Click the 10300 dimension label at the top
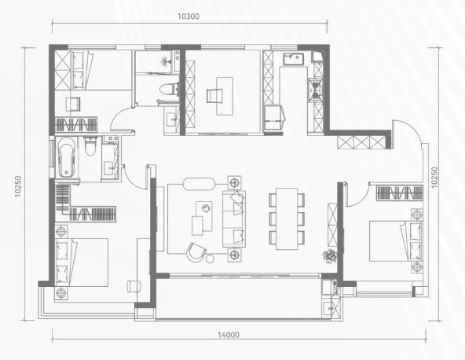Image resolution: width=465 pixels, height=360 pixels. tap(189, 17)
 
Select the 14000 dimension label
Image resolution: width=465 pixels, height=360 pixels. tap(229, 335)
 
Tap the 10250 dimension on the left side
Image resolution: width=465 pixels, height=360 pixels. tap(18, 186)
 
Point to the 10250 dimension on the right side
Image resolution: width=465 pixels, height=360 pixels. tap(434, 178)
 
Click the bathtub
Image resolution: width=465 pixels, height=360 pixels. tap(67, 157)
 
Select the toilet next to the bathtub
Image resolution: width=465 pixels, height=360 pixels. tap(90, 146)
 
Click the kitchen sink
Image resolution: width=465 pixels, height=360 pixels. tap(293, 60)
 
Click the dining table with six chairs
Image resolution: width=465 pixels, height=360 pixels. tap(287, 219)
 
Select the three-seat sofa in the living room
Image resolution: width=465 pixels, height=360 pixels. tap(234, 219)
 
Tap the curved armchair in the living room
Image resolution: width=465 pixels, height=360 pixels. tap(196, 252)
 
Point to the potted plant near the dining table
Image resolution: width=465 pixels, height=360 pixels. tap(330, 255)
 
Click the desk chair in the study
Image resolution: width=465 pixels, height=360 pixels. tap(214, 96)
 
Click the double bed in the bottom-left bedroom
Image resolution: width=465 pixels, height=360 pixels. tap(81, 263)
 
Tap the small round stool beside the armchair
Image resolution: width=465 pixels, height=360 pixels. tap(210, 259)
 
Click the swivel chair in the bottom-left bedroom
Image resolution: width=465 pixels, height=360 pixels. tap(134, 286)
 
